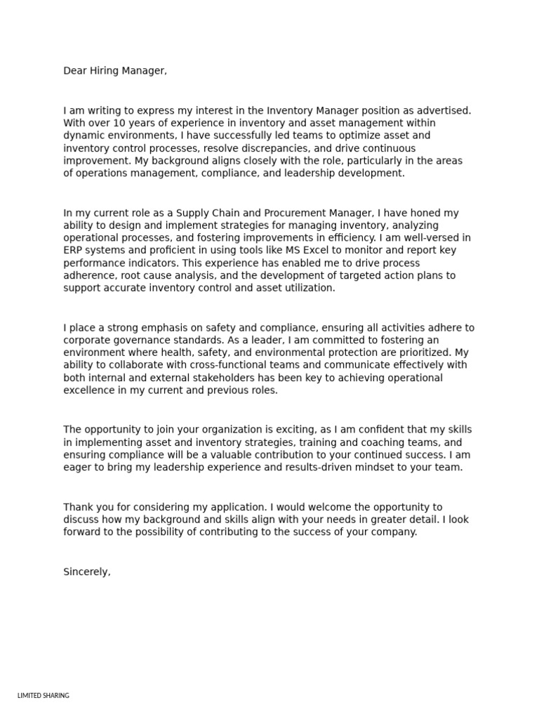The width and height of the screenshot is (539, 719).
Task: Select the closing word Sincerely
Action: pyautogui.click(x=86, y=572)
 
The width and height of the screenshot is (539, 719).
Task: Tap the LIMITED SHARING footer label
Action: pyautogui.click(x=43, y=695)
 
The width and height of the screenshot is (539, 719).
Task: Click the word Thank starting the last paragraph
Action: pyautogui.click(x=78, y=507)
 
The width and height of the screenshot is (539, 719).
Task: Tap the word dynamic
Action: pyautogui.click(x=84, y=136)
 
